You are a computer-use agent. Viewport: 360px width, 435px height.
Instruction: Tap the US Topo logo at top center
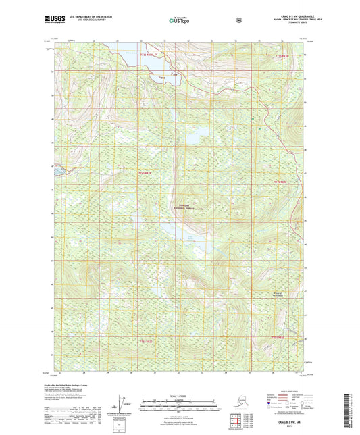(x=179, y=21)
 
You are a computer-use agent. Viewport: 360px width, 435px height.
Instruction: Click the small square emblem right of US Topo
(x=238, y=20)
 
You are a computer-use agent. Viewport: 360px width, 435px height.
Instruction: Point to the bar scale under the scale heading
(x=179, y=407)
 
